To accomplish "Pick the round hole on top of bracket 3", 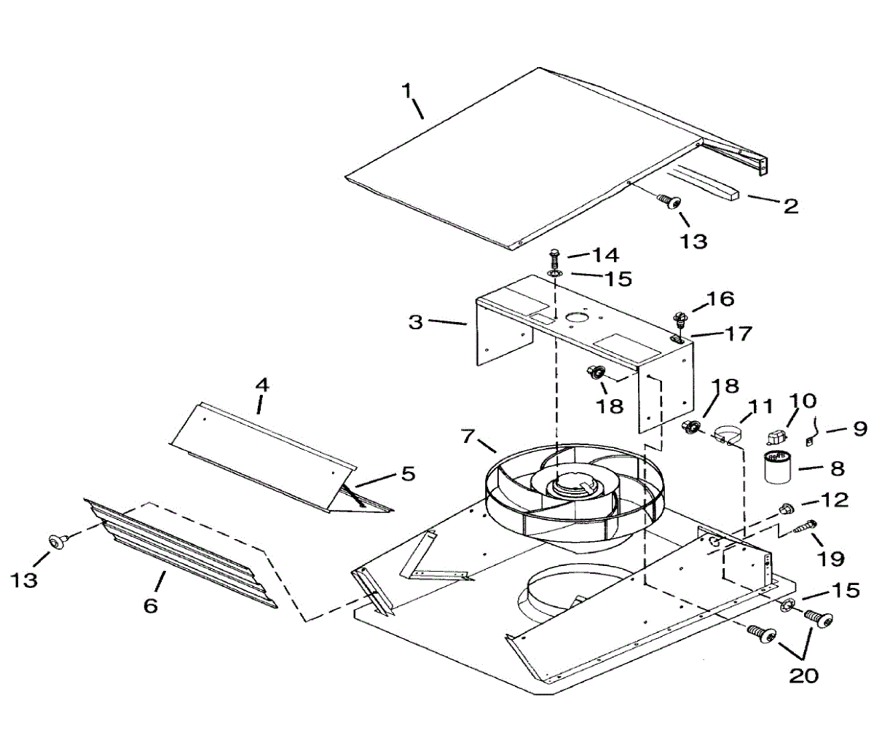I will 575,316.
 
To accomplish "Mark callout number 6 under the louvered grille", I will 150,605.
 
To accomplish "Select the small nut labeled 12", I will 786,507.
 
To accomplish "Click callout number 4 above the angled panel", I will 261,384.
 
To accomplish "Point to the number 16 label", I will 720,299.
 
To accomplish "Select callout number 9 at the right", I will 859,428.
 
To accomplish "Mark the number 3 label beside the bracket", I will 415,321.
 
